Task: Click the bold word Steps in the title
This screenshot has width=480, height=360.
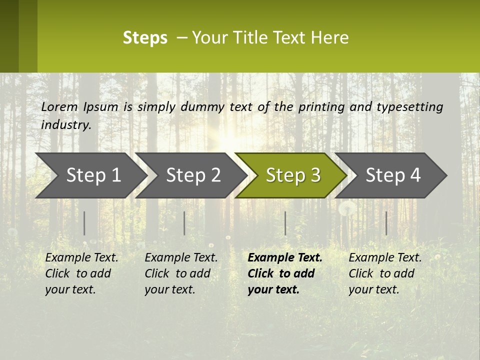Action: click(x=145, y=38)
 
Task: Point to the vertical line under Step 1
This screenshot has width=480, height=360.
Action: click(x=84, y=223)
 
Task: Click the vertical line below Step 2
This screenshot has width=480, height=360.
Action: click(x=184, y=223)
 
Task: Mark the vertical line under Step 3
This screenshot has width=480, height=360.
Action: click(x=285, y=223)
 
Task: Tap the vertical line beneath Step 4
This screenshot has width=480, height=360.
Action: click(x=386, y=223)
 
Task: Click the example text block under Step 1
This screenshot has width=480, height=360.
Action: click(x=81, y=273)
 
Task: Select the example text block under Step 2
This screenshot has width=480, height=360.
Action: click(x=181, y=273)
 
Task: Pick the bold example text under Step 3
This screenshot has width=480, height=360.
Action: click(x=284, y=273)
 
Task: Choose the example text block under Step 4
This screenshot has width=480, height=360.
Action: click(x=385, y=273)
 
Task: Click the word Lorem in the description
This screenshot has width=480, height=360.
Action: click(x=59, y=107)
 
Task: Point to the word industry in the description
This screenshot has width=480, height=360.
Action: click(x=66, y=125)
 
